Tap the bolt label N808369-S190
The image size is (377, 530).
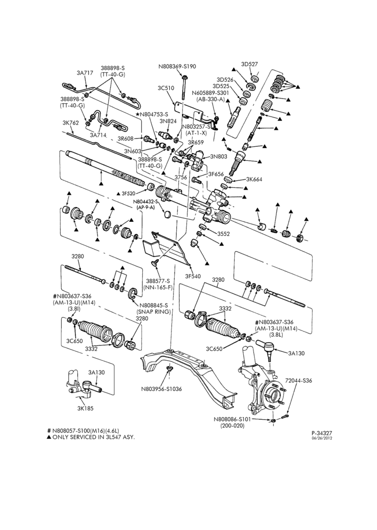pos(177,67)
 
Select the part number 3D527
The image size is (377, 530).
pos(250,64)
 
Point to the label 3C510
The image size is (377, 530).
pos(166,88)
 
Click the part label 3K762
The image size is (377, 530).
pos(71,123)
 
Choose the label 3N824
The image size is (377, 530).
pos(168,121)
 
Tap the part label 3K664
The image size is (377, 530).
pos(255,179)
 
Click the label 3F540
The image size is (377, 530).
pos(193,276)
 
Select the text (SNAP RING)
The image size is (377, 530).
pos(153,311)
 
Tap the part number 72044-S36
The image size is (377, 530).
pos(299,380)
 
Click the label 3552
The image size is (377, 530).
pos(224,234)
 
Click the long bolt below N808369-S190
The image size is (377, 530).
pos(184,87)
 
